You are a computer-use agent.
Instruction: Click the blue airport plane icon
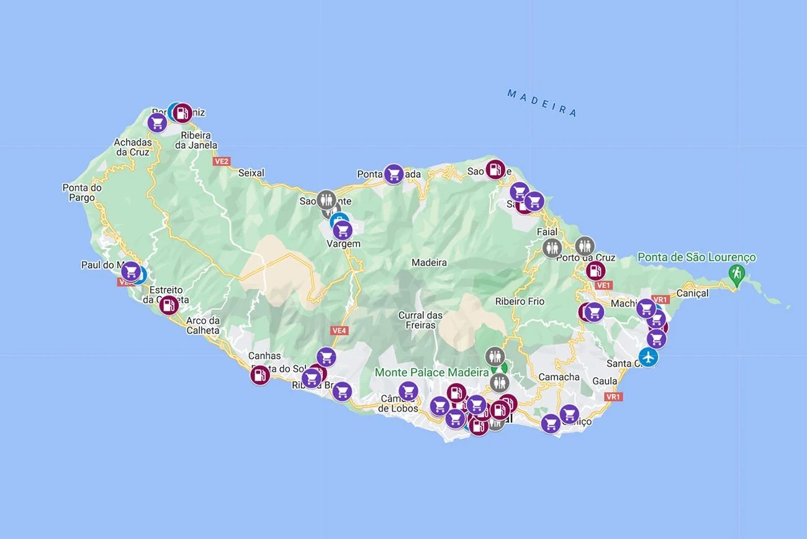pos(649,357)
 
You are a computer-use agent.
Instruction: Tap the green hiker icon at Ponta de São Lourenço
pos(737,273)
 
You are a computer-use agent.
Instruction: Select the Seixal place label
pos(251,173)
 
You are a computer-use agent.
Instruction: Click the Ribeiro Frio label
pos(520,302)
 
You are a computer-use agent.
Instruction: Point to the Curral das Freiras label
pos(420,320)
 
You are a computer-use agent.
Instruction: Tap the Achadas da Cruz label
pos(132,147)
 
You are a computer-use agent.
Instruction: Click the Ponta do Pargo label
pos(82,193)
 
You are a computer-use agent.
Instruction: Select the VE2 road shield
pos(221,161)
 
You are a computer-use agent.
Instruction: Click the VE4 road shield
pos(339,331)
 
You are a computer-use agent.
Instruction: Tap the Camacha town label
pos(559,377)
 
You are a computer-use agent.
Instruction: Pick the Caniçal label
pos(692,293)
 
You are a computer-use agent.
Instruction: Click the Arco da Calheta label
pos(203,326)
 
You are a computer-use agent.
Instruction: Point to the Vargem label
pos(343,244)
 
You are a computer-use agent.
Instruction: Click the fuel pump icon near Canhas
pos(260,375)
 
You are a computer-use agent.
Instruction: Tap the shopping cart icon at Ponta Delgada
pos(394,174)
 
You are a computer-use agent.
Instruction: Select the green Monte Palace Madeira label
pos(431,372)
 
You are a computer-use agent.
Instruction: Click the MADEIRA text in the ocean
pos(542,103)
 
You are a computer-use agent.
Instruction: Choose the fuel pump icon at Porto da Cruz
pos(595,270)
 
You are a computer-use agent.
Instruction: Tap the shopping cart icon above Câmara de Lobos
pos(408,390)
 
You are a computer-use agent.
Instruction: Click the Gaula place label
pos(605,380)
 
